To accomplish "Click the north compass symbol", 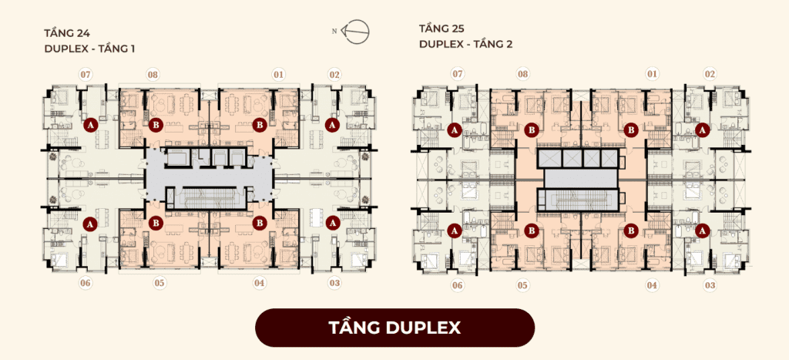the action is tap(356, 31).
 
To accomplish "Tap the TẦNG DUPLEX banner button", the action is tap(394, 328).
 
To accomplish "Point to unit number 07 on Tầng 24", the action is tap(86, 75).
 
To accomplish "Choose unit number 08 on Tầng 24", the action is tap(153, 75).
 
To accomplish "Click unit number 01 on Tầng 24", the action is tap(278, 75).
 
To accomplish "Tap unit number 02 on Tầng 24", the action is tap(334, 75).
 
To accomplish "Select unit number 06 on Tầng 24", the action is tap(86, 283).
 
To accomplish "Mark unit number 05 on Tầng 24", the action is tap(159, 283).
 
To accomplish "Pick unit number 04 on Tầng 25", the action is tap(652, 286).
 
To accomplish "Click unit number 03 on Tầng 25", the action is tap(710, 286).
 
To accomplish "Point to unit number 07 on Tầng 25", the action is tap(457, 75).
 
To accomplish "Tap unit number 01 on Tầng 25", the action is tap(652, 75).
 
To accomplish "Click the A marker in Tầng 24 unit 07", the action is tap(90, 125).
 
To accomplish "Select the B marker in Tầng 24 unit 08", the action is tap(156, 125).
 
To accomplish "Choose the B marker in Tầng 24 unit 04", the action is tap(260, 222).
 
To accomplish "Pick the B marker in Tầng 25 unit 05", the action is tap(532, 230).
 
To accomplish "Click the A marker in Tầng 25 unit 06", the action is tap(455, 230).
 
